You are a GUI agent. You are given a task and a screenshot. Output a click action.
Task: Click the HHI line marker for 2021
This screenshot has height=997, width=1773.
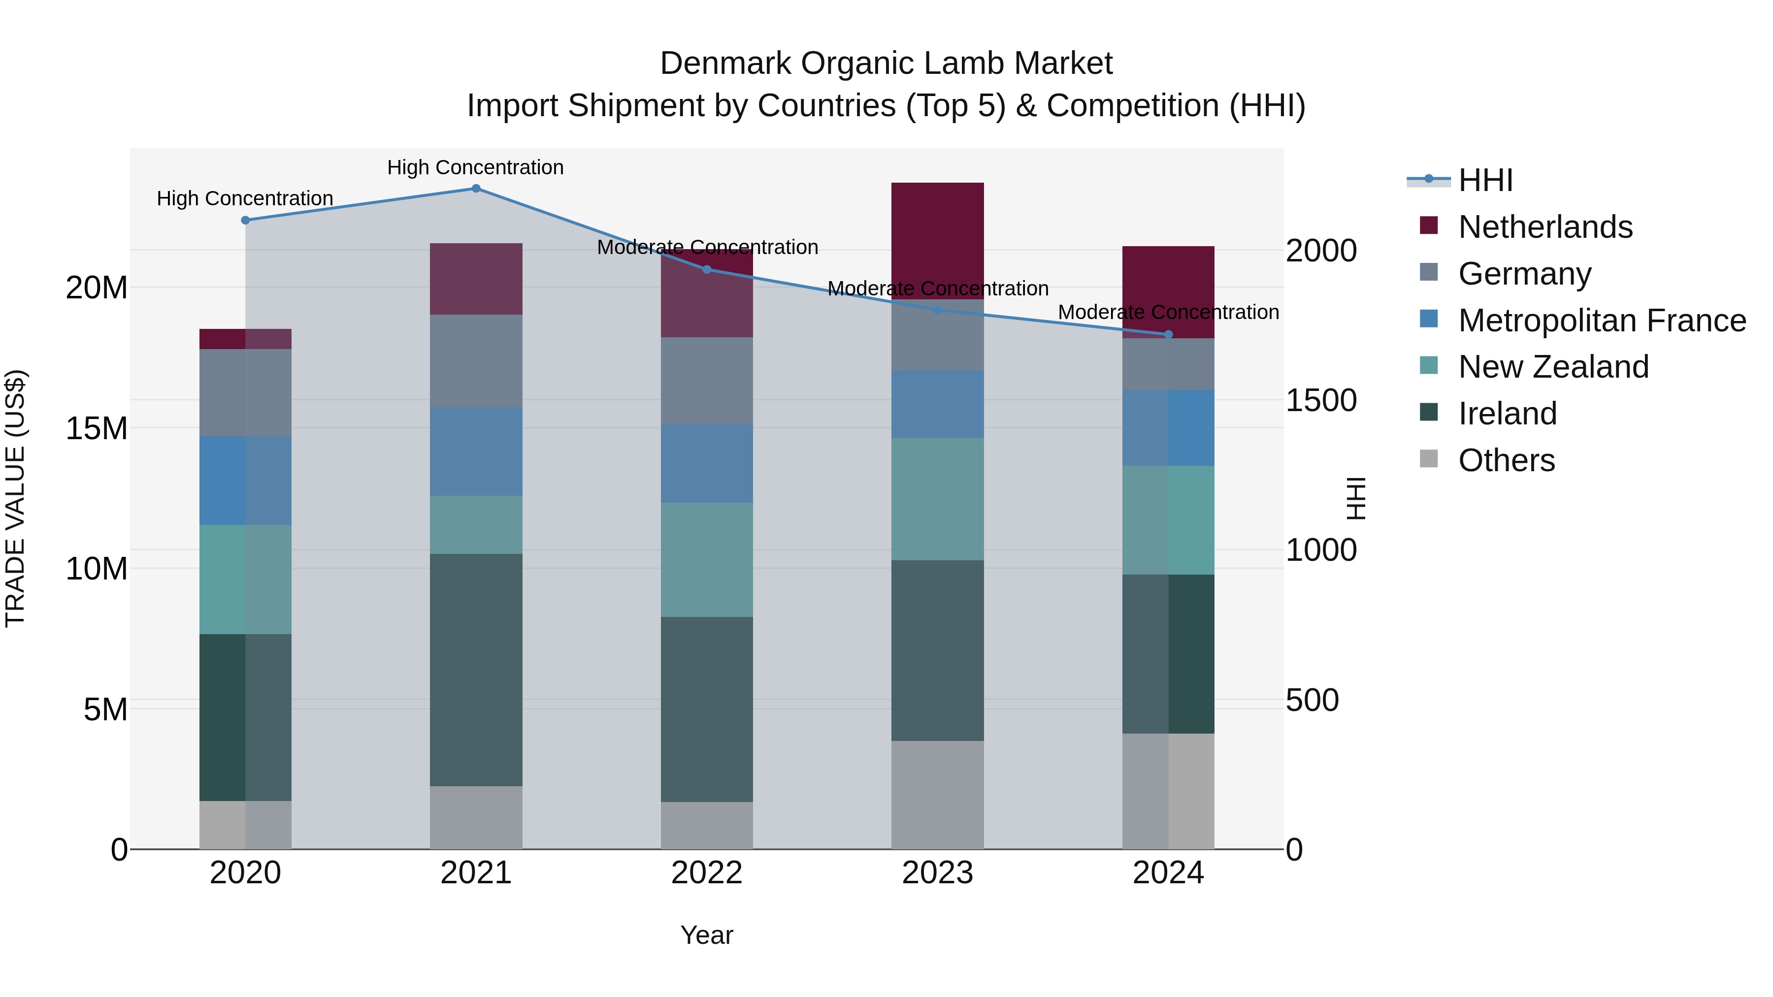[476, 189]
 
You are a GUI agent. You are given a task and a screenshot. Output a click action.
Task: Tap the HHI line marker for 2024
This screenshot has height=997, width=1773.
[1168, 334]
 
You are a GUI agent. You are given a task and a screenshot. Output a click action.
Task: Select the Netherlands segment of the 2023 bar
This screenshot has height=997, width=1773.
[937, 241]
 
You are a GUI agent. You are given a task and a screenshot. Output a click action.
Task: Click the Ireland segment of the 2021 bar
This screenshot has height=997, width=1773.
[476, 670]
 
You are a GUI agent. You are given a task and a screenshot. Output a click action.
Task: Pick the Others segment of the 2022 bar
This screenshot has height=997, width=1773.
[707, 825]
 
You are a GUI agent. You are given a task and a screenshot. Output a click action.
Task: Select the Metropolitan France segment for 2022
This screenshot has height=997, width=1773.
[707, 463]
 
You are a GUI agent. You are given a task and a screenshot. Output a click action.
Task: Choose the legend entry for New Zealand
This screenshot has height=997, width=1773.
[1553, 367]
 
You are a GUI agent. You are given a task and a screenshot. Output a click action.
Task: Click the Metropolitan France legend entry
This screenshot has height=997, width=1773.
[1601, 321]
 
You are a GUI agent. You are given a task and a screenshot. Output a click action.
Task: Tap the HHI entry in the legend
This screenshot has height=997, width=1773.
[1485, 180]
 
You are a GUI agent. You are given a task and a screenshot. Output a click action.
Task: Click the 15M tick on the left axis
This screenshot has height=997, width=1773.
[97, 428]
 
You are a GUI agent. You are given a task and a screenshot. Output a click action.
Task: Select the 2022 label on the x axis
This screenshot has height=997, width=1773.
[707, 873]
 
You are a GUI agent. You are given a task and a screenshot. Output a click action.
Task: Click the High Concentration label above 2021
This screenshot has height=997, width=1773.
[476, 167]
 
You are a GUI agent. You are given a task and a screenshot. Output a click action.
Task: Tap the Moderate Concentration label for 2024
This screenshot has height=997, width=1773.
[1168, 312]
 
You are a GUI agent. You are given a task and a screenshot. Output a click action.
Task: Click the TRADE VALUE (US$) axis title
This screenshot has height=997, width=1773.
[15, 498]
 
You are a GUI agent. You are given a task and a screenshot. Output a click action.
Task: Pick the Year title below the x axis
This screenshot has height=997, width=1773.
[707, 935]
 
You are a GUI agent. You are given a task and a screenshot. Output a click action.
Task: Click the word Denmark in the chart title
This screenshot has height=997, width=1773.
[725, 64]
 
